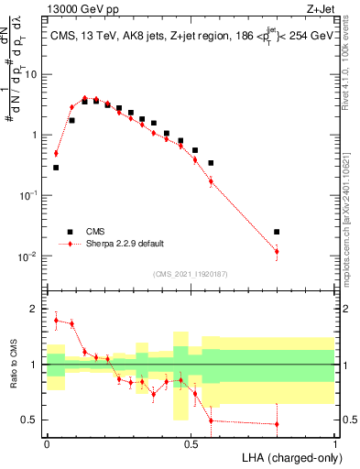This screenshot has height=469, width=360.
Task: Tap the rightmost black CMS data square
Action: click(x=277, y=232)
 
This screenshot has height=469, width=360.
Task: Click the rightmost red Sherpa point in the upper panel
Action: click(x=277, y=251)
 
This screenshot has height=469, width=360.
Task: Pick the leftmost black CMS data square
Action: click(x=56, y=168)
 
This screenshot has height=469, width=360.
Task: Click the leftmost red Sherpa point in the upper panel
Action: click(x=56, y=154)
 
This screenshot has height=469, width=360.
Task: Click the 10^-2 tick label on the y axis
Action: click(x=30, y=256)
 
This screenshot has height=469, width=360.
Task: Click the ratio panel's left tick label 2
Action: click(x=36, y=310)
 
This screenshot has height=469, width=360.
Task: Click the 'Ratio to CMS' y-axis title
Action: click(x=16, y=365)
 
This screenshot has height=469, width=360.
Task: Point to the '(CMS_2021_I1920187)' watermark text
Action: click(x=191, y=273)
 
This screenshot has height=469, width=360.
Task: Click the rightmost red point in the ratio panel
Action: click(x=277, y=424)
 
